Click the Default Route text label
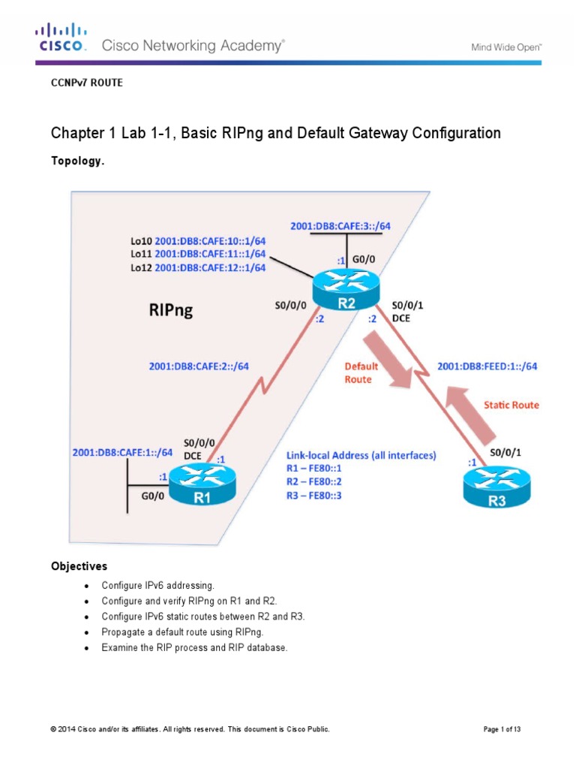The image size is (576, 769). pos(361,373)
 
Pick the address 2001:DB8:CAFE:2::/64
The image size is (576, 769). pos(199,366)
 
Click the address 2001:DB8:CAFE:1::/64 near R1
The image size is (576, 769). pos(122,453)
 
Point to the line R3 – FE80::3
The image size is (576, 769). pos(314,496)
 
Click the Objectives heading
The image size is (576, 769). pos(79,565)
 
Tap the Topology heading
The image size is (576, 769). pos(76,161)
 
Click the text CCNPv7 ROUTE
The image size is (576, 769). pos(86,83)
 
